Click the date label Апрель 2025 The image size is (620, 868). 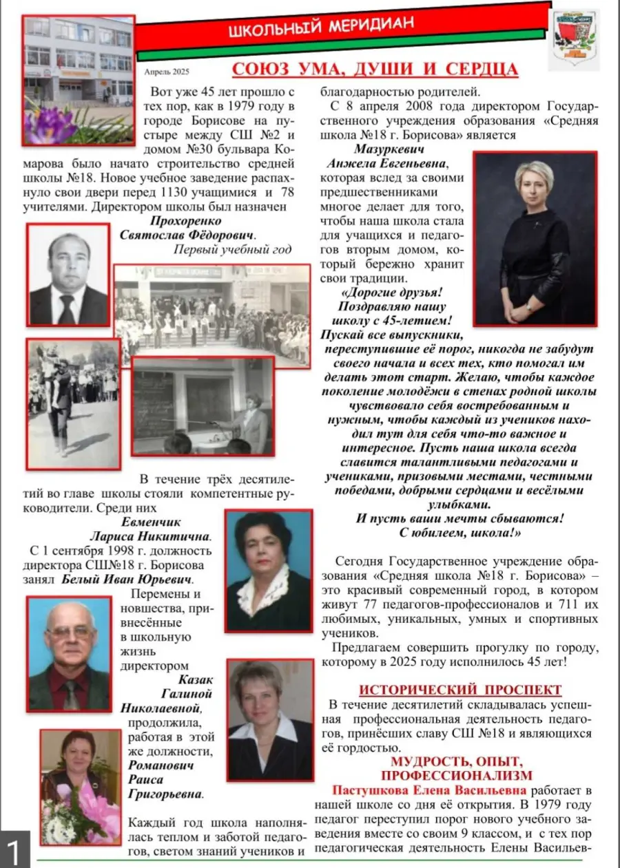pyautogui.click(x=167, y=71)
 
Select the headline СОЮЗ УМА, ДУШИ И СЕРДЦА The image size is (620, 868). pyautogui.click(x=375, y=70)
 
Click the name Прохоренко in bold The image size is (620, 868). pyautogui.click(x=186, y=221)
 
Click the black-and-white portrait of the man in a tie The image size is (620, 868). pyautogui.click(x=69, y=275)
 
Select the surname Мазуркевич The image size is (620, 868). pyautogui.click(x=389, y=149)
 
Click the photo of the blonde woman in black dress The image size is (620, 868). pyautogui.click(x=535, y=238)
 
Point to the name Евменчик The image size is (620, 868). pyautogui.click(x=165, y=522)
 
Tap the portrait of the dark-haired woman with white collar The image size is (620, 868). pyautogui.click(x=269, y=571)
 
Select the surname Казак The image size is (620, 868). pyautogui.click(x=197, y=679)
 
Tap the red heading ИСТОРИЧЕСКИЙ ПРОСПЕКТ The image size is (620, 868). pyautogui.click(x=460, y=690)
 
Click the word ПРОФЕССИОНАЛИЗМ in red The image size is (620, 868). pyautogui.click(x=457, y=776)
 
